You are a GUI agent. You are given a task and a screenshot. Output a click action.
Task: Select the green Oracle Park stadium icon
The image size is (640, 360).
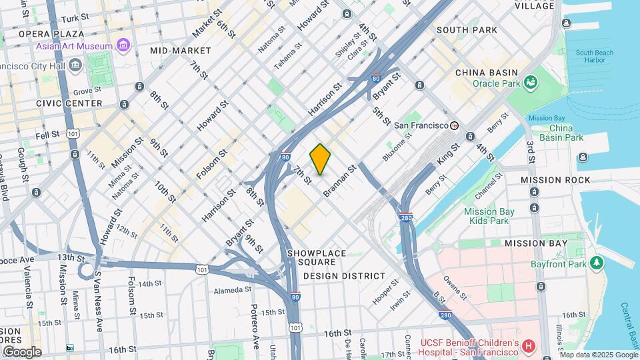pyautogui.click(x=531, y=83)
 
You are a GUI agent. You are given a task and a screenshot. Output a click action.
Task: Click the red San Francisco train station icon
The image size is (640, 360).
pyautogui.click(x=455, y=125)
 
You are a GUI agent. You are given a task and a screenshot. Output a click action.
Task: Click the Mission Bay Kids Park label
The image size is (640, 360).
pyautogui.click(x=489, y=216)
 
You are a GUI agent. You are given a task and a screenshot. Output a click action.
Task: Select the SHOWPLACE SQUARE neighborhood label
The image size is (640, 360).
pyautogui.click(x=317, y=253)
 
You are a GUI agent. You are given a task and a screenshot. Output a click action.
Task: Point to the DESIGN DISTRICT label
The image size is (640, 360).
pyautogui.click(x=344, y=275)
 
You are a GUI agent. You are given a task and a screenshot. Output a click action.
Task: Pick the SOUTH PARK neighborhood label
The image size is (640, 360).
pyautogui.click(x=467, y=30)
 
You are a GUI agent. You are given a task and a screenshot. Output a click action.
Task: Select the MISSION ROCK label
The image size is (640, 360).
pyautogui.click(x=555, y=180)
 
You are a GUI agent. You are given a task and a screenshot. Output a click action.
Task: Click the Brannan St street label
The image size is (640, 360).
pyautogui.click(x=341, y=181)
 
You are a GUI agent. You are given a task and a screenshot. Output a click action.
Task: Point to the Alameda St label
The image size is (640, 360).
pyautogui.click(x=233, y=290)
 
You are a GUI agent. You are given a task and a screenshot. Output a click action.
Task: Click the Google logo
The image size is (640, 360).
pyautogui.click(x=21, y=351)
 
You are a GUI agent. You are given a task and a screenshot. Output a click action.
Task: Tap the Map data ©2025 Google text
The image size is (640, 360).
pyautogui.click(x=598, y=355)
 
